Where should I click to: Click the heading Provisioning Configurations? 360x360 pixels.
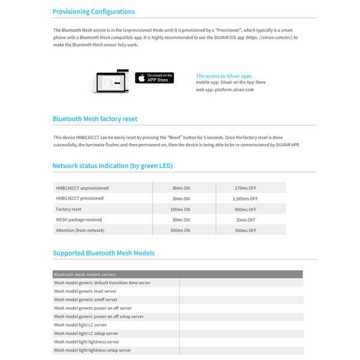(x=94, y=11)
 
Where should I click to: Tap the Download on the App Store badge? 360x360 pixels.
(x=154, y=78)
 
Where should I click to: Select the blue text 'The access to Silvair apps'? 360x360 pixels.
(x=224, y=76)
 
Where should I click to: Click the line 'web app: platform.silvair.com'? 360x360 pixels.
(x=225, y=89)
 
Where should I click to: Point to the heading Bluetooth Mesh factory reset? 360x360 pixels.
(x=99, y=119)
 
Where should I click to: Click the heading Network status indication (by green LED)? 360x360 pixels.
(x=113, y=166)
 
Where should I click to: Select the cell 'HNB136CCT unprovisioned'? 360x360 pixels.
(x=82, y=188)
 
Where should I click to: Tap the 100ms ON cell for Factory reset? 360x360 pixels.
(x=180, y=209)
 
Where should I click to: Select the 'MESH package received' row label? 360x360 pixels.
(x=79, y=220)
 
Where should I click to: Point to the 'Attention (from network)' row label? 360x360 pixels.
(x=80, y=230)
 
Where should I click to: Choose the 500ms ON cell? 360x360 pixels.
(x=180, y=230)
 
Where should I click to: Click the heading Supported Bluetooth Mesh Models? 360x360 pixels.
(x=104, y=253)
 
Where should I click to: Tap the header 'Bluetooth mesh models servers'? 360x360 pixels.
(x=85, y=274)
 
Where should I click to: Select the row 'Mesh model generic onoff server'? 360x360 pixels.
(x=86, y=299)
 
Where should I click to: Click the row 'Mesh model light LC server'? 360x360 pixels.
(x=80, y=325)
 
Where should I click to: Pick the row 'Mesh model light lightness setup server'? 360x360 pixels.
(x=92, y=350)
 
